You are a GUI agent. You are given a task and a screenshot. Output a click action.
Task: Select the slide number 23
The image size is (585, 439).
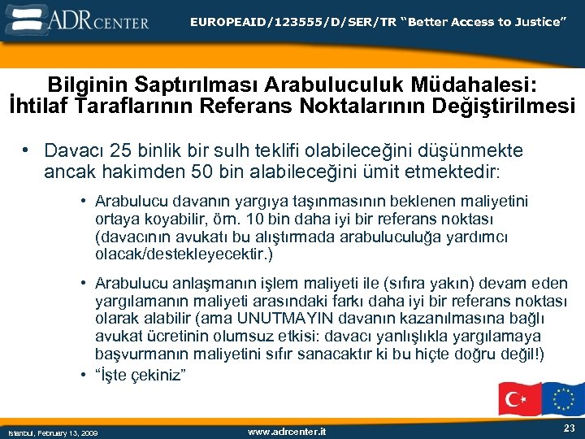click(568, 428)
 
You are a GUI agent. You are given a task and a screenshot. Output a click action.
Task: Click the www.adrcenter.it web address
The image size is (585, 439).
click(286, 431)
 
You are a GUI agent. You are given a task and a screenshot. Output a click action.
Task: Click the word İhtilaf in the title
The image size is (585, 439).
click(41, 106)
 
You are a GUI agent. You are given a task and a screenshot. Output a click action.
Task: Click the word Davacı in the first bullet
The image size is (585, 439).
click(71, 151)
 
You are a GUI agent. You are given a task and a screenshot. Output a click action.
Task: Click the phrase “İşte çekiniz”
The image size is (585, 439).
click(141, 375)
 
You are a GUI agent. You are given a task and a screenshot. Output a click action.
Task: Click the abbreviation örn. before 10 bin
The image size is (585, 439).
click(221, 219)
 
